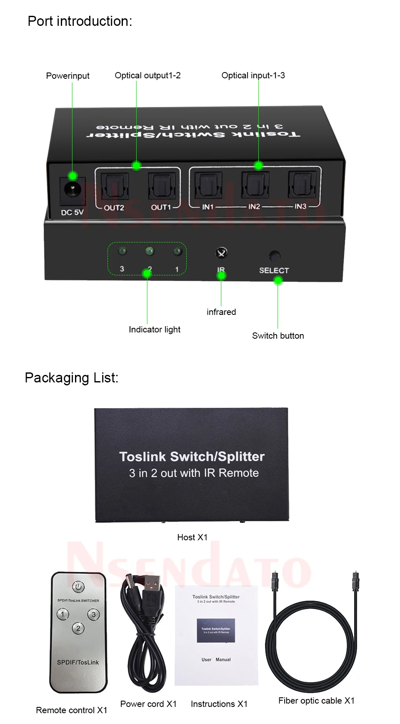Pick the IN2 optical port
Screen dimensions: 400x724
(254, 184)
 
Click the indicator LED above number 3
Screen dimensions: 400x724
(122, 251)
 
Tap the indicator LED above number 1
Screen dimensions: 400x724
(177, 252)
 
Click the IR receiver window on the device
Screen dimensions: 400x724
(221, 252)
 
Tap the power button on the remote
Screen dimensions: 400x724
(78, 587)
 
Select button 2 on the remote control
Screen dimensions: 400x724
(78, 628)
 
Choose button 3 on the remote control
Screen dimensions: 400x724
(93, 614)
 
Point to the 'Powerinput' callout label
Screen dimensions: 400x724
(68, 76)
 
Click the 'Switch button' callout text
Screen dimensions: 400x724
(278, 336)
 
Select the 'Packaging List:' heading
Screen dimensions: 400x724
(72, 378)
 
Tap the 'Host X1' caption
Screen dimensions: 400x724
(192, 537)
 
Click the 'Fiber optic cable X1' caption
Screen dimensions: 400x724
(316, 701)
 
